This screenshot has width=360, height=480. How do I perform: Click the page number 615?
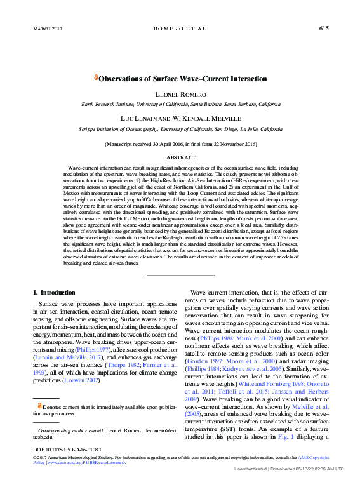pyautogui.click(x=323, y=29)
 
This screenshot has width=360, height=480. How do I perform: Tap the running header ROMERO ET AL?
pyautogui.click(x=180, y=29)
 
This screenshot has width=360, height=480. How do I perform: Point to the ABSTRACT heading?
pyautogui.click(x=180, y=157)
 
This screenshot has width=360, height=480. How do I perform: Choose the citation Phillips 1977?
pyautogui.click(x=93, y=349)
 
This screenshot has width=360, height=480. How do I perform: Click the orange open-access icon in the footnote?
pyautogui.click(x=40, y=404)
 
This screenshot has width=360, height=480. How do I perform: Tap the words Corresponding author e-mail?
pyautogui.click(x=67, y=430)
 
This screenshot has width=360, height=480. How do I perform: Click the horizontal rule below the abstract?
pyautogui.click(x=180, y=275)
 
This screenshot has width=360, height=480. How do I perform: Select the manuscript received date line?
pyautogui.click(x=180, y=144)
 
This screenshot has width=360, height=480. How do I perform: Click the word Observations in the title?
pyautogui.click(x=123, y=79)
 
